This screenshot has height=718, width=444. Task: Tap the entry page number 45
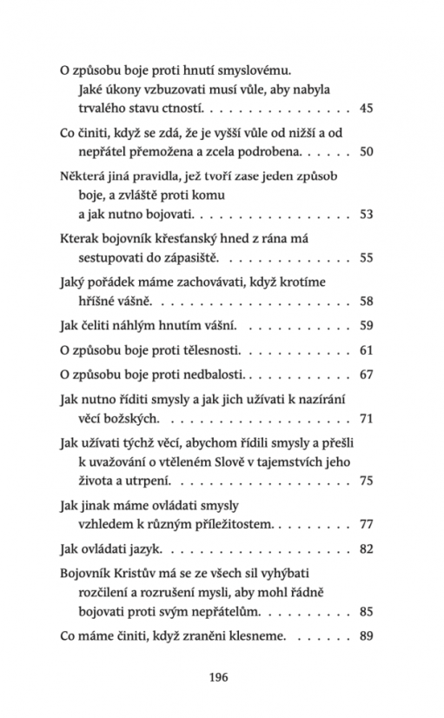tap(366, 109)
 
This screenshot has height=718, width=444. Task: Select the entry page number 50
tap(366, 151)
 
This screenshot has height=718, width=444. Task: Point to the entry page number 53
tap(366, 214)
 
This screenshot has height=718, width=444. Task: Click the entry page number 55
tap(366, 257)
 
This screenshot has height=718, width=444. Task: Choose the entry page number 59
tap(366, 326)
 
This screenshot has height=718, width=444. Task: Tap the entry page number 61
tap(366, 350)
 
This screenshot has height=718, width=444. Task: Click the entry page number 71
tap(366, 419)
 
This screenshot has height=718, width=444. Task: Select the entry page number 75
tap(366, 481)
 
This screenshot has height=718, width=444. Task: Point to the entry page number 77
tap(366, 525)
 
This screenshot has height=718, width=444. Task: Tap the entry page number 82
tap(366, 549)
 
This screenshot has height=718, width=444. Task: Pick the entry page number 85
tap(366, 612)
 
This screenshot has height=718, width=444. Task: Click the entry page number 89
tap(366, 637)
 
